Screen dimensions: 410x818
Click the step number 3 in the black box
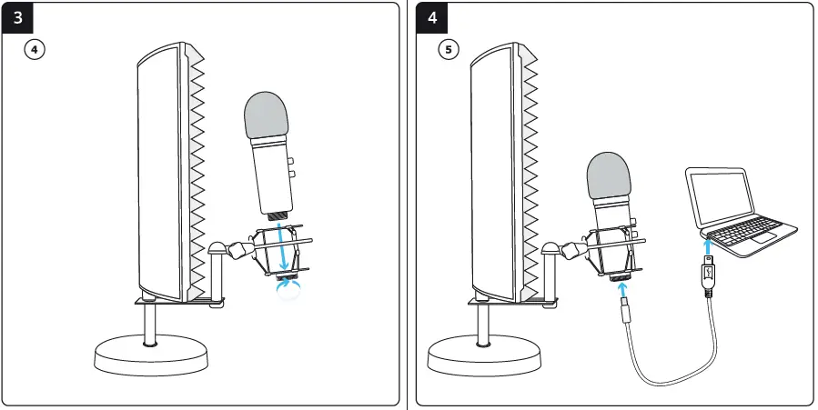pos(18,18)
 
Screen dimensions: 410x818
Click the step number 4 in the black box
pos(432,18)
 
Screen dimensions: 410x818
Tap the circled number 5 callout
pos(448,50)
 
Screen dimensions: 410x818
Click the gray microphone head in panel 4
pos(609,175)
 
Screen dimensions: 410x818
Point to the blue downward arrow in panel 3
pos(284,245)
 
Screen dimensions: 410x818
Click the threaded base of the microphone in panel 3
pos(277,215)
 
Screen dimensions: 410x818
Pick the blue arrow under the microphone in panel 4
pos(624,290)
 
